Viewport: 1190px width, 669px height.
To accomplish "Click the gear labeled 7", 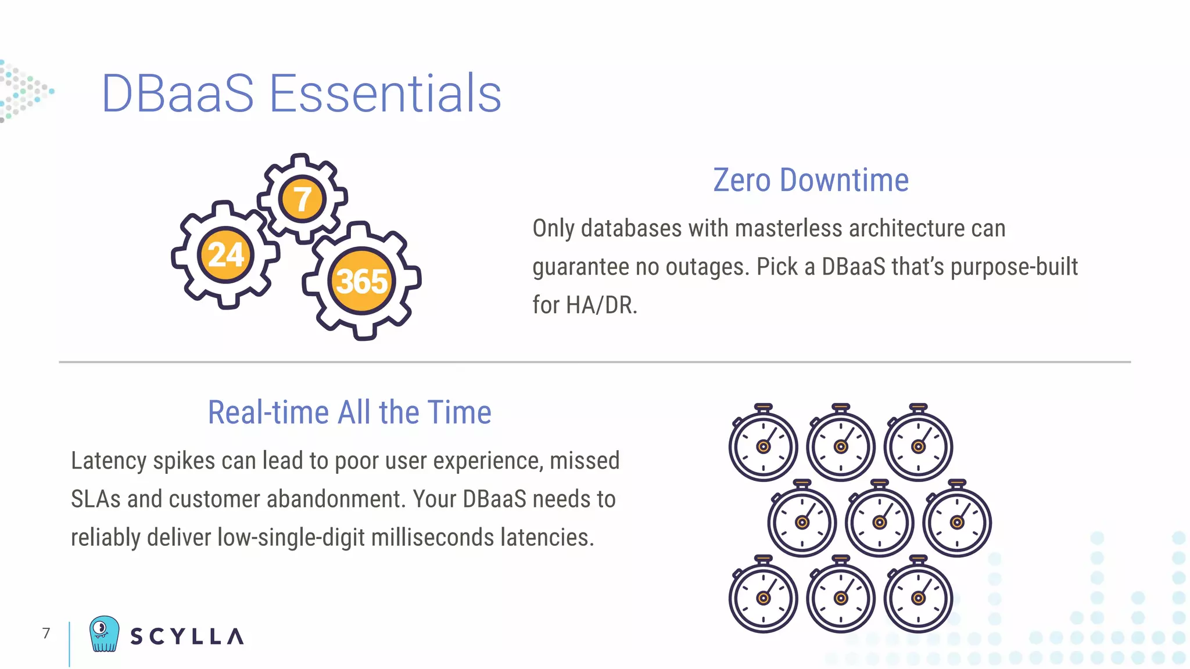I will point(302,199).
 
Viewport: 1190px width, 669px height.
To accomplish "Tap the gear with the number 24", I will point(225,254).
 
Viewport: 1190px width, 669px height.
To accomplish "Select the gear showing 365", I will point(361,281).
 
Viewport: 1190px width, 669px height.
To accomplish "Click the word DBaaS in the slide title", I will point(178,93).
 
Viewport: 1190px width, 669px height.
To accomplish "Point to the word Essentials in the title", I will point(385,93).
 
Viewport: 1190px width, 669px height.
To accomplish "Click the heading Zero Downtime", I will point(811,180).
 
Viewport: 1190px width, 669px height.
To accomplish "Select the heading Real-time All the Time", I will point(349,412).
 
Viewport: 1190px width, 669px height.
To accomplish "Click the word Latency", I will point(109,461).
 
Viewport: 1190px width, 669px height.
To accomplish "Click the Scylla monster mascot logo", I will point(104,634).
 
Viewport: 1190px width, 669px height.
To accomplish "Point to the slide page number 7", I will point(46,633).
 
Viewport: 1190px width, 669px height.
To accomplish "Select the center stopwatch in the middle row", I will point(879,520).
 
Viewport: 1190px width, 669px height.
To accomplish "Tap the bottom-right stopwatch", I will point(918,596).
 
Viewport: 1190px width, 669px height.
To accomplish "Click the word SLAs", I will point(95,499).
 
